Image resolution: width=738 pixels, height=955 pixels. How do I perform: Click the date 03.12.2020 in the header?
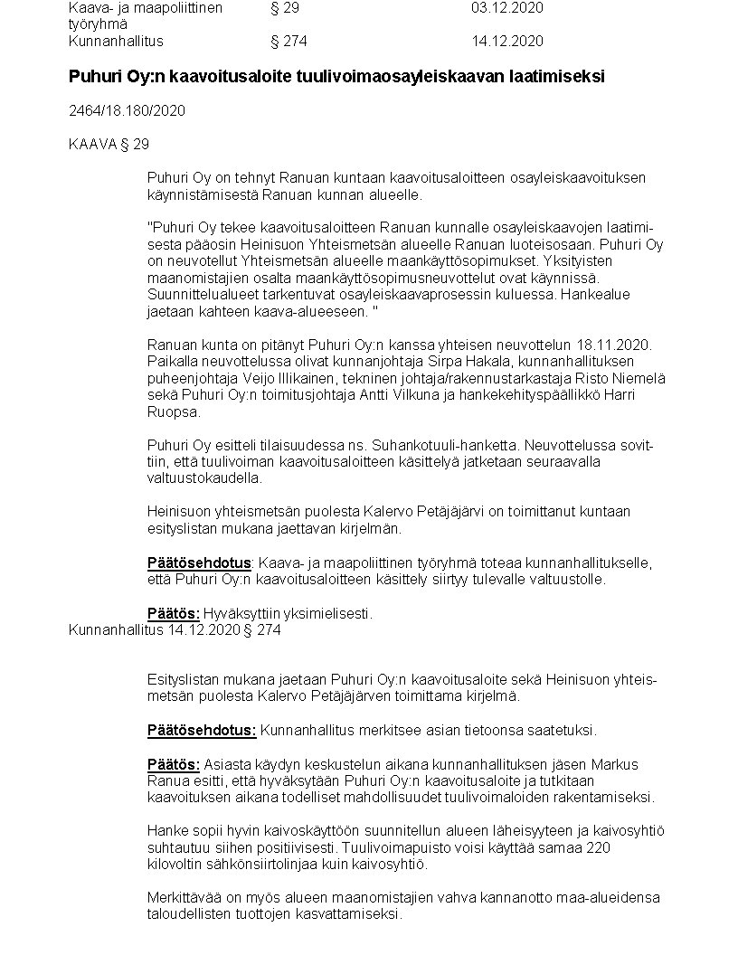pos(507,7)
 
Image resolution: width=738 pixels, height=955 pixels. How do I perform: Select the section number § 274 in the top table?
pos(289,41)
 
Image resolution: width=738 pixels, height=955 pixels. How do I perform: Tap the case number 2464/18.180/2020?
pos(127,110)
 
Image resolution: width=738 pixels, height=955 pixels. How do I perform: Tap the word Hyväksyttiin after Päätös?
pos(239,614)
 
